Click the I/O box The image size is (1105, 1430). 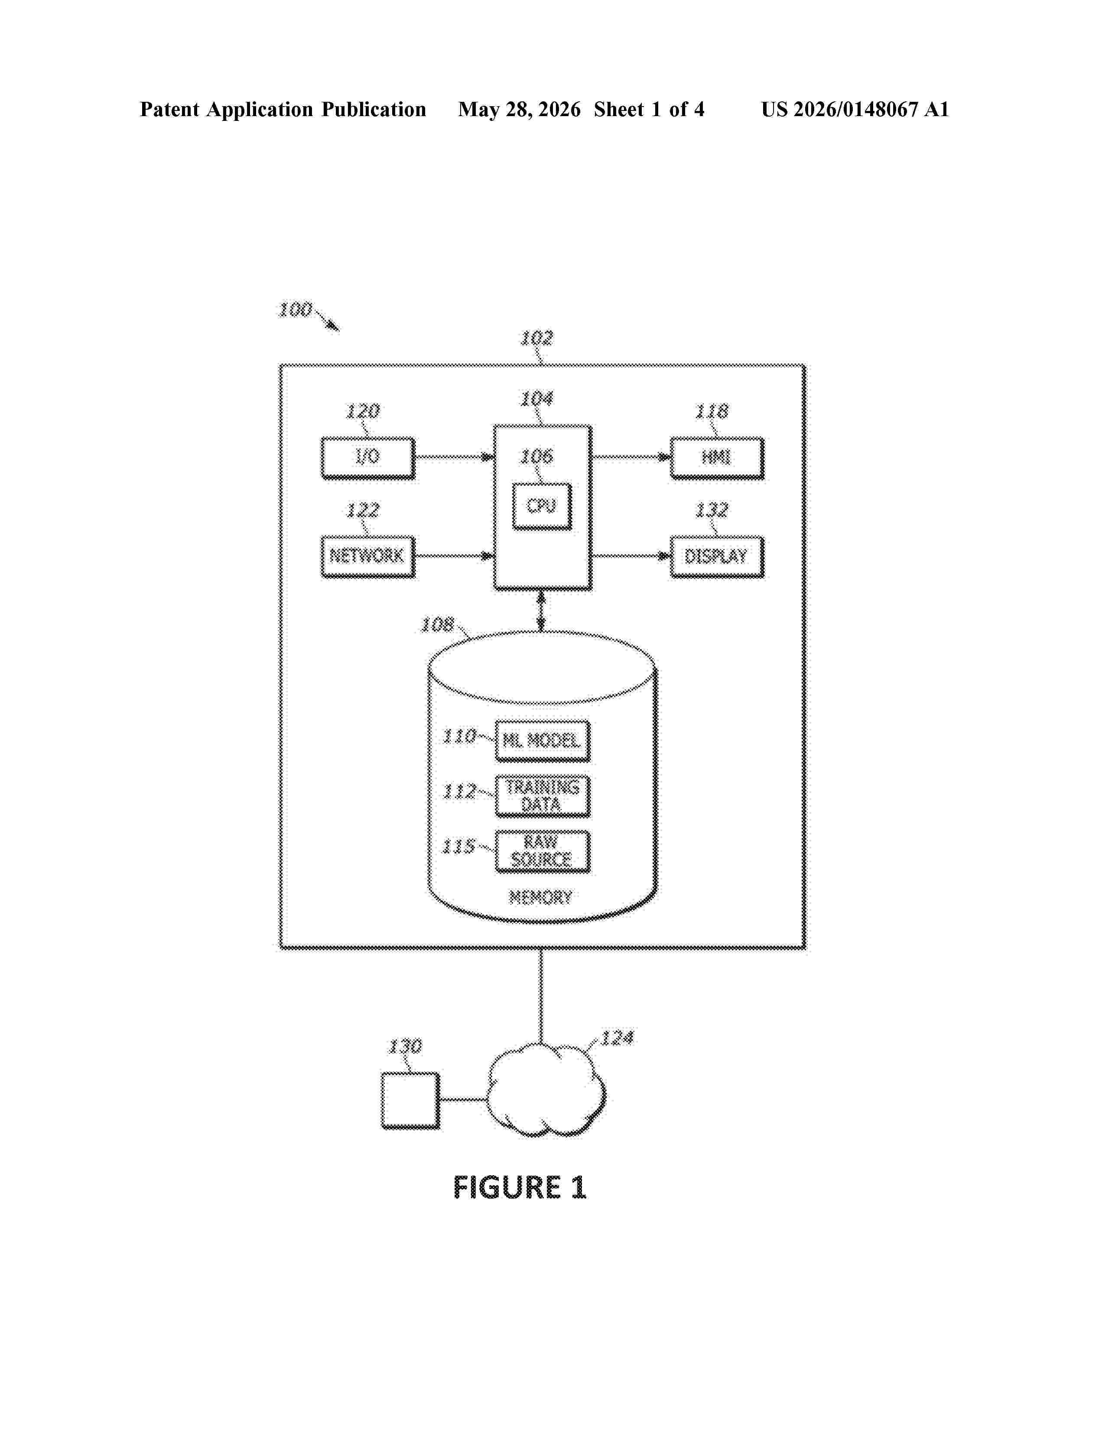(368, 458)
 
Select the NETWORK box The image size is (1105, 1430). (368, 556)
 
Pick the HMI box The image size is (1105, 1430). (717, 458)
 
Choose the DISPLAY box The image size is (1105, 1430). (717, 556)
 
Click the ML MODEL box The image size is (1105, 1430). (543, 741)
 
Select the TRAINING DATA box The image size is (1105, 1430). (543, 796)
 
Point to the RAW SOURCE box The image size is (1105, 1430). (543, 851)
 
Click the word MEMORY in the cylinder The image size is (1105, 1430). (541, 897)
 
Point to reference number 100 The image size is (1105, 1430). (295, 310)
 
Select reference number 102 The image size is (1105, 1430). (536, 338)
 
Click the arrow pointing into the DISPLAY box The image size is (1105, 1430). (631, 556)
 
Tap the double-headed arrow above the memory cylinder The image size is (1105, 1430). (541, 611)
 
